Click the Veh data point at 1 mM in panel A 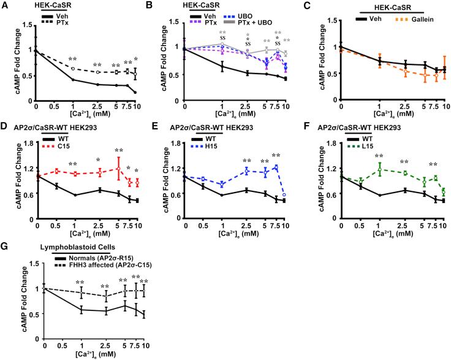coord(74,80)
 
